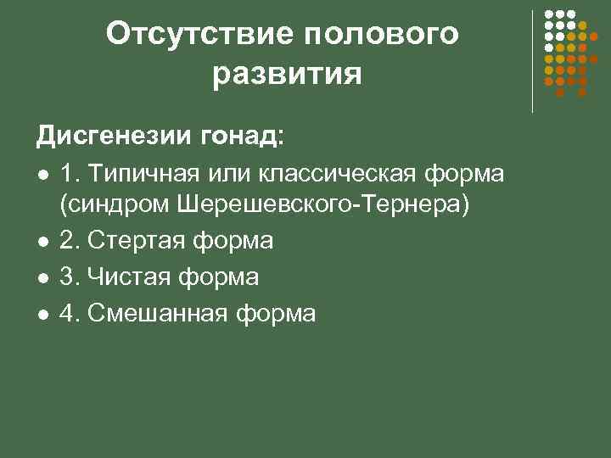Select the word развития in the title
tap(288, 74)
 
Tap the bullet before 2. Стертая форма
tap(42, 243)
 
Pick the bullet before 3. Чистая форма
tap(42, 278)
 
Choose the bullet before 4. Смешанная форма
tap(42, 315)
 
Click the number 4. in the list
tap(70, 314)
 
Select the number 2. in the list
tap(70, 242)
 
